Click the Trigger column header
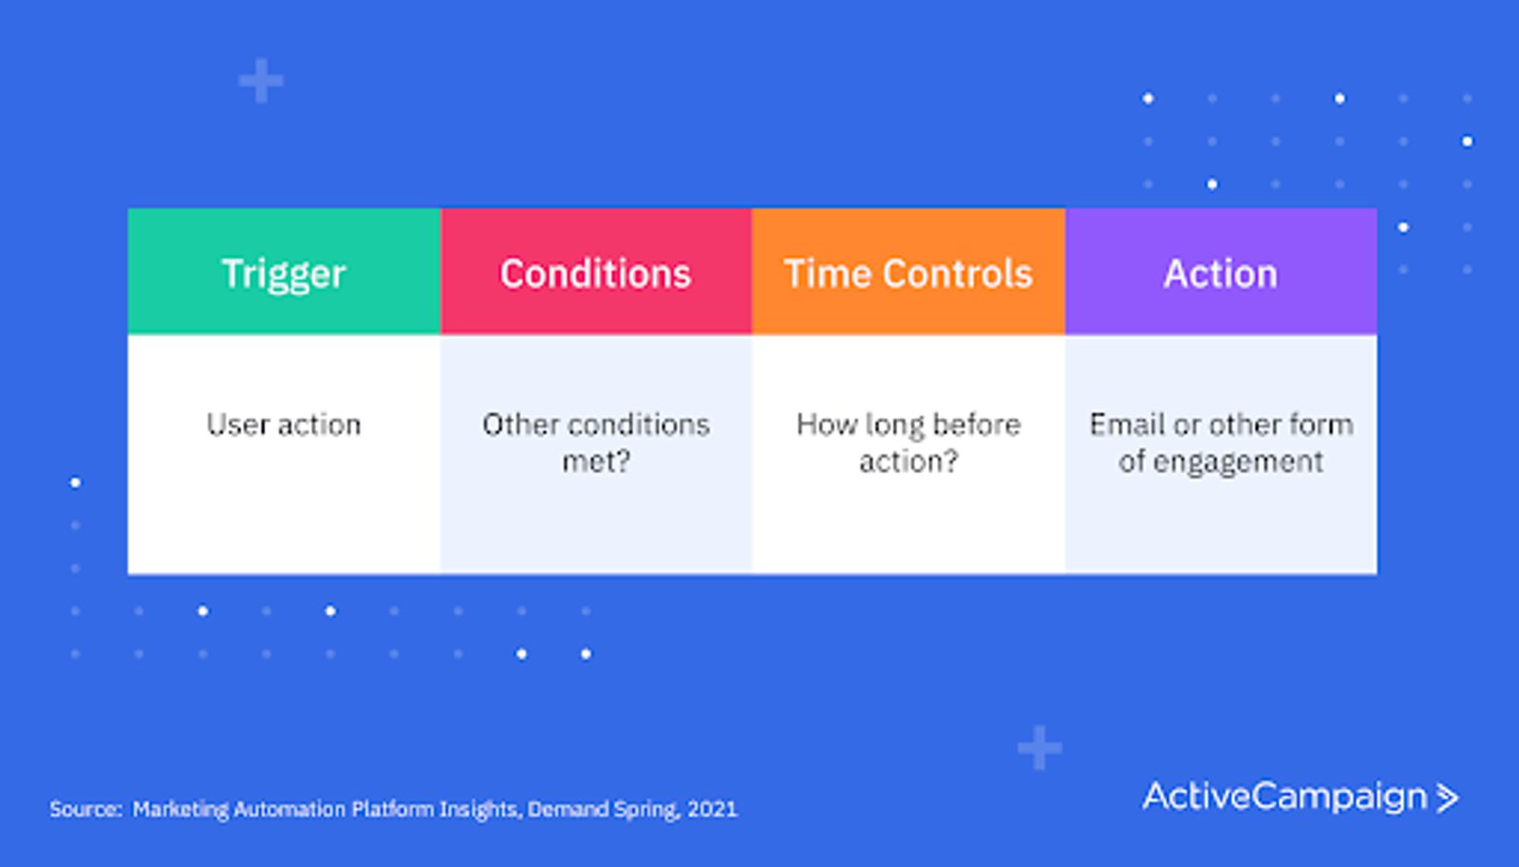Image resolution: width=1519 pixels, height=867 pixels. tap(284, 272)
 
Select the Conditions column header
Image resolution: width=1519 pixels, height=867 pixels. tap(595, 272)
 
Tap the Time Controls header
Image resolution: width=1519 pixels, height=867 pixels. tap(908, 272)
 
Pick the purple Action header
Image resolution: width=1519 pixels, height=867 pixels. tap(1221, 272)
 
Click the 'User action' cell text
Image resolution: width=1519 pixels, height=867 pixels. tap(284, 424)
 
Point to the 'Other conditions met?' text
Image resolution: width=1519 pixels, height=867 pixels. tap(596, 443)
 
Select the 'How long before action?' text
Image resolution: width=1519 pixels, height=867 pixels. tap(908, 443)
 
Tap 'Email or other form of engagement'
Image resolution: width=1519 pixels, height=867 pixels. tap(1221, 443)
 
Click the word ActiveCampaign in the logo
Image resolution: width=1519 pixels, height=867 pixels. tap(1285, 797)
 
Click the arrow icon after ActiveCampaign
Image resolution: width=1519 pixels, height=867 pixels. tap(1447, 798)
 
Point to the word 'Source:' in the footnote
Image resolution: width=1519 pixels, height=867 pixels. tap(85, 809)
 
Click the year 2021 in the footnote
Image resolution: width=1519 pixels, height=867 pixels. tap(712, 809)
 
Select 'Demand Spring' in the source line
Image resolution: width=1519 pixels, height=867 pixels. tap(602, 809)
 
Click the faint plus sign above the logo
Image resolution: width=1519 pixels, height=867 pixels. tap(1040, 747)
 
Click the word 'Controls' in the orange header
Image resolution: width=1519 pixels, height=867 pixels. tap(958, 274)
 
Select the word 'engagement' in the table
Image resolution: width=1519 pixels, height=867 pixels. tap(1238, 462)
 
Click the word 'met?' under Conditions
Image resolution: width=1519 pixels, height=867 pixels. tap(596, 462)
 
